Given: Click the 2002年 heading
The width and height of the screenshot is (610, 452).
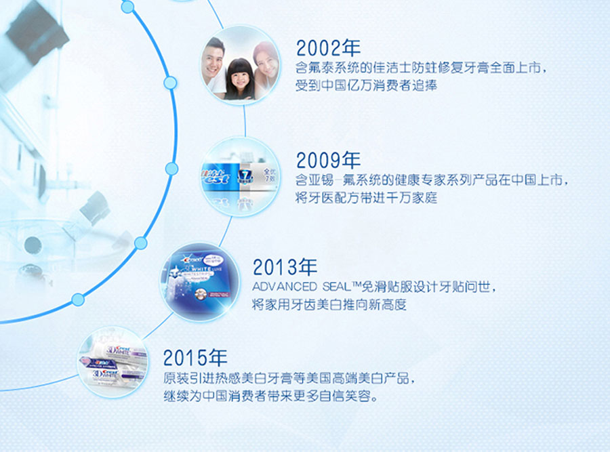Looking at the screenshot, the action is [328, 48].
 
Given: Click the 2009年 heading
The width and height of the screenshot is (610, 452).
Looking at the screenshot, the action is [328, 160].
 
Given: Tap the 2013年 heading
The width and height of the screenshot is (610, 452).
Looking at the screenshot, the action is [285, 267].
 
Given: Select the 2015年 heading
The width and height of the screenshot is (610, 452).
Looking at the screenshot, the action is [195, 358].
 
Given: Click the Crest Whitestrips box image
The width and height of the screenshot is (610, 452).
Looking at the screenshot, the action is [201, 281].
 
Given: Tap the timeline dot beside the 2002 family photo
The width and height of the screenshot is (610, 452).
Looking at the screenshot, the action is [170, 83].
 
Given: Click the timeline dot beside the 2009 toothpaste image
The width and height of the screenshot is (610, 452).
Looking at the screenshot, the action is [171, 169].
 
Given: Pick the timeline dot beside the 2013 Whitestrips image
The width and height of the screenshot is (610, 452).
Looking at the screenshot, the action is [140, 243].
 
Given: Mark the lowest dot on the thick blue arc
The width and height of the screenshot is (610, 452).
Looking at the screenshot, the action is [78, 300].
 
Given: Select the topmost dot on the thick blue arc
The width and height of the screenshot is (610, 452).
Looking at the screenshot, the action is [127, 7].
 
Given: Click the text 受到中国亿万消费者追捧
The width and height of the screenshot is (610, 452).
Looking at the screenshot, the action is [366, 85].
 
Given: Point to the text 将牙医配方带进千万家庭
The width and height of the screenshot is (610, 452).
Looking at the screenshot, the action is [366, 198].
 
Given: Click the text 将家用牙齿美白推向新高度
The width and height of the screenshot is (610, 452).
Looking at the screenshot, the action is [329, 304].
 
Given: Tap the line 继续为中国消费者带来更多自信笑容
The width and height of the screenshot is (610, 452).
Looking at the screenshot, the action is [270, 396].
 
